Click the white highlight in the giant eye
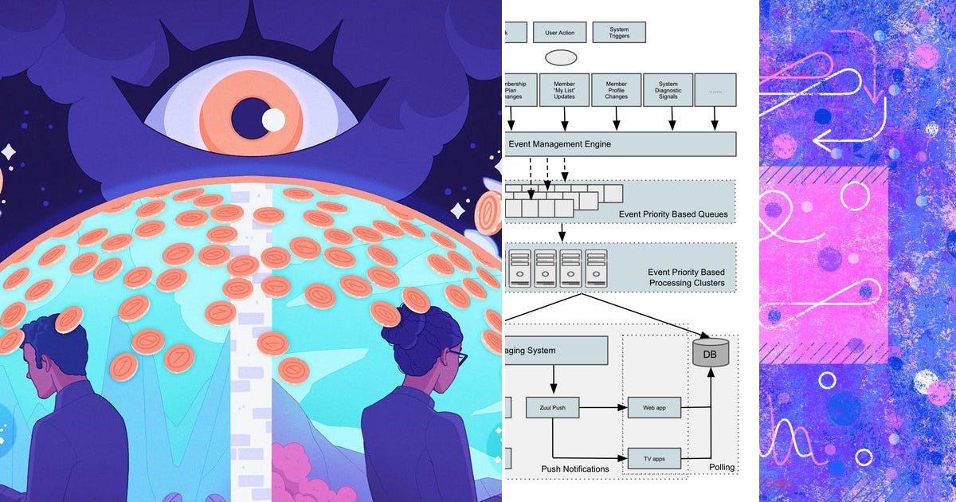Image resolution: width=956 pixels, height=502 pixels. (273, 120)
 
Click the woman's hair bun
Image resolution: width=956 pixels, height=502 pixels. (416, 300)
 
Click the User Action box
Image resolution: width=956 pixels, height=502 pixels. (561, 33)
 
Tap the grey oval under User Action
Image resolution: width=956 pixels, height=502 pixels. (561, 58)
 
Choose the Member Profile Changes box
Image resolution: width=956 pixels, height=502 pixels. (616, 90)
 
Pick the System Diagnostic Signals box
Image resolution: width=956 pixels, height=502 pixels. (668, 90)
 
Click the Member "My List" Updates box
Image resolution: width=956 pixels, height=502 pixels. (564, 90)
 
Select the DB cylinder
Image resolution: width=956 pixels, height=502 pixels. (711, 352)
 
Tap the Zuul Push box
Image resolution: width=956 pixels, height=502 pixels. (551, 407)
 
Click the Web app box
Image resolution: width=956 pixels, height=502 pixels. (653, 407)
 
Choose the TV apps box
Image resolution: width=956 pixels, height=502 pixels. (653, 458)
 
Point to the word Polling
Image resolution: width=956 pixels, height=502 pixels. (722, 467)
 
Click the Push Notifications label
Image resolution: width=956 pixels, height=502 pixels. (575, 469)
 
